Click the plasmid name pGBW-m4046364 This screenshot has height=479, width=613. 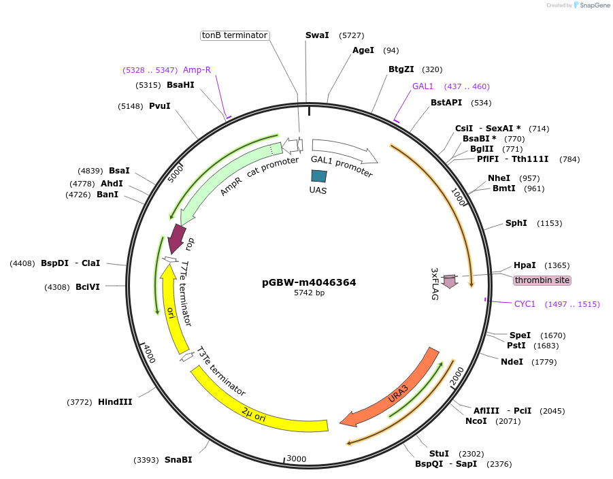[309, 282]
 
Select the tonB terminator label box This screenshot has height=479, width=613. [235, 35]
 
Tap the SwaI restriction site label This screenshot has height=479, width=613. [317, 35]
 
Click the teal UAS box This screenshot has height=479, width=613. [318, 176]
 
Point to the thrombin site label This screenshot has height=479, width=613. [542, 280]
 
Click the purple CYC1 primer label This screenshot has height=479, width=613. [525, 304]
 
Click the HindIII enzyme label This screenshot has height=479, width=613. [115, 402]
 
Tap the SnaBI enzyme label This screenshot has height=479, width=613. [178, 460]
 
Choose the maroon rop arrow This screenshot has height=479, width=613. [177, 239]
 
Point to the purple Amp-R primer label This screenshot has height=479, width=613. [197, 70]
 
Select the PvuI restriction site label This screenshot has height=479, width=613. [160, 106]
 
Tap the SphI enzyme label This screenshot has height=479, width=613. [516, 223]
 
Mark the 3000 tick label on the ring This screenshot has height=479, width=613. [297, 459]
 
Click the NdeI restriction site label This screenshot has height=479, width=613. [512, 362]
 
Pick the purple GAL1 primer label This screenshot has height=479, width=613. [423, 86]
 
